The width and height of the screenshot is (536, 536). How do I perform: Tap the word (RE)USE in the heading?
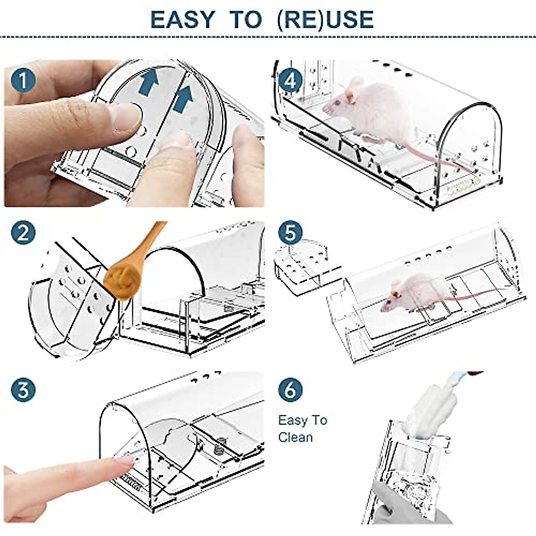click(x=325, y=19)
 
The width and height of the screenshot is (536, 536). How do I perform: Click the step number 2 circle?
click(x=23, y=233)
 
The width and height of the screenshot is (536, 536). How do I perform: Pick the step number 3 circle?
click(x=23, y=389)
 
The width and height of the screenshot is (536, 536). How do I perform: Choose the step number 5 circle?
click(x=290, y=233)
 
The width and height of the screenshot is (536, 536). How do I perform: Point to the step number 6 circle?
click(x=290, y=389)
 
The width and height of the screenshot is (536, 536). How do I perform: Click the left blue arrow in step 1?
click(x=149, y=84)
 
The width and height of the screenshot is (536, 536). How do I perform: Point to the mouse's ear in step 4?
click(x=355, y=85)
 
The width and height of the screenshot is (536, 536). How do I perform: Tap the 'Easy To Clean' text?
click(x=302, y=428)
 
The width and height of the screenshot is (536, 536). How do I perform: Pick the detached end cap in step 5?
click(x=304, y=264)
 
